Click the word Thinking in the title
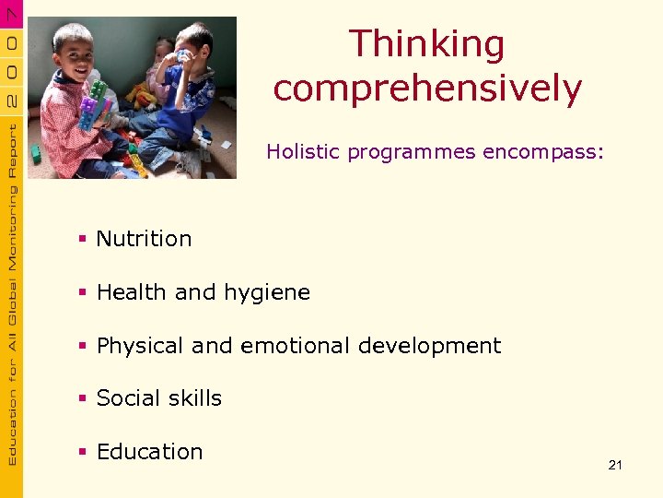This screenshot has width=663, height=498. (x=427, y=44)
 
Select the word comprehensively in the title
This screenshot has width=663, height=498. (x=427, y=89)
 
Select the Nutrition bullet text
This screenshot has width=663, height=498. (x=144, y=239)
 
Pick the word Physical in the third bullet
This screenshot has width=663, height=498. (x=140, y=346)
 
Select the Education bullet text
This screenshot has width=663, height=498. (x=149, y=452)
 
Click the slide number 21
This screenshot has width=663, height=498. (x=615, y=465)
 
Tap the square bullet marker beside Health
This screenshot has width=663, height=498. (x=83, y=293)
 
